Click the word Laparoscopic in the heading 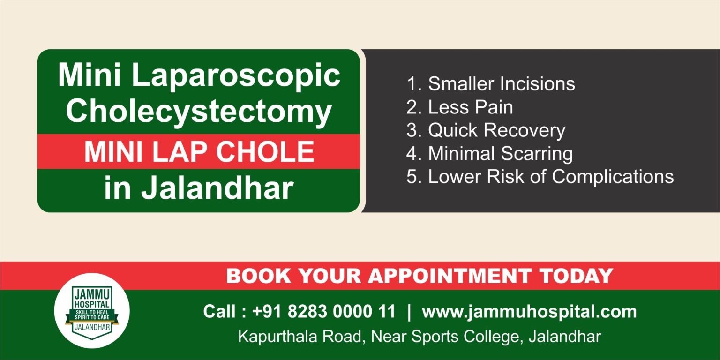coord(236,76)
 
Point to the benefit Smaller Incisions coord(501,84)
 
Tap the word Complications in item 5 coord(613,177)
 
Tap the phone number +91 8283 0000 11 coord(324,312)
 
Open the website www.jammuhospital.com coord(529,312)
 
